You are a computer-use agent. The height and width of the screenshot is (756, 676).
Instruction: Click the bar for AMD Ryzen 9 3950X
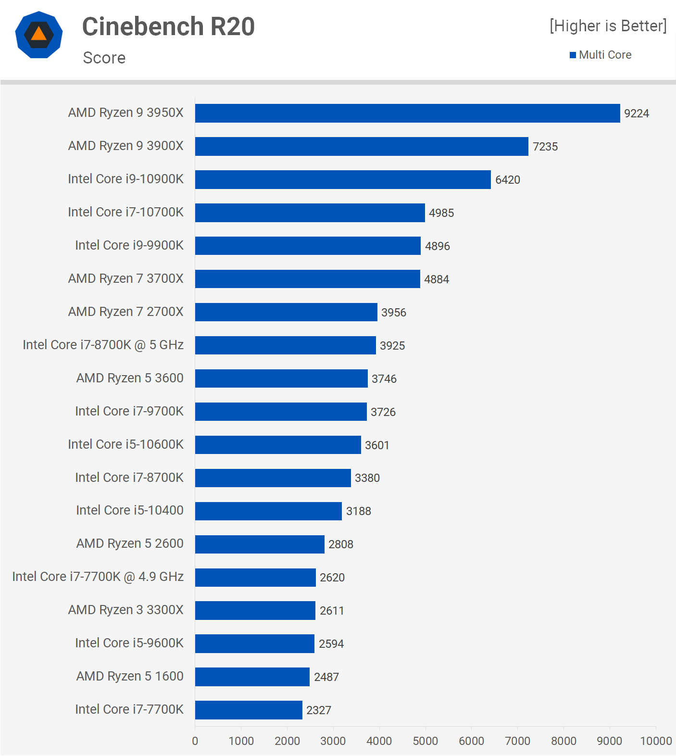407,113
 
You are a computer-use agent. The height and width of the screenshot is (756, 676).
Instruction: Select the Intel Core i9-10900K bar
343,180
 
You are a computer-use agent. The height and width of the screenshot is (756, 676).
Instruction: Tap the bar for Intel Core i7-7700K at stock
249,710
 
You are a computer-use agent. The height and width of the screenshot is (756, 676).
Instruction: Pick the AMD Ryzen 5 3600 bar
281,378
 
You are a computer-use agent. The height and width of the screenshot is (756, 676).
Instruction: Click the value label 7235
545,147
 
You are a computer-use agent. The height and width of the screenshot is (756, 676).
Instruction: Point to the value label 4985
441,213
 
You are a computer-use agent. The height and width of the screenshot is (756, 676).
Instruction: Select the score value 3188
359,511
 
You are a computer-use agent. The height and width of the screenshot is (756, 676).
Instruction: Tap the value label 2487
326,677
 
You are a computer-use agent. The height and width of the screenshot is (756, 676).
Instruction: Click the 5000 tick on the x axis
426,741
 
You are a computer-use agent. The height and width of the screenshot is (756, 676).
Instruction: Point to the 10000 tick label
656,741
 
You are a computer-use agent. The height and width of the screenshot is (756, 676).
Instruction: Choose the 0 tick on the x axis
195,741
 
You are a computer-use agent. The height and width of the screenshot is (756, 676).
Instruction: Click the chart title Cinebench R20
168,26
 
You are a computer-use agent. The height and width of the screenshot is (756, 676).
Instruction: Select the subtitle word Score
104,58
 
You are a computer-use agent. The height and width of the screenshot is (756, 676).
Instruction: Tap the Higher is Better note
608,26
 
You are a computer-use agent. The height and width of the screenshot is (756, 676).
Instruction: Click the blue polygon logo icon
39,35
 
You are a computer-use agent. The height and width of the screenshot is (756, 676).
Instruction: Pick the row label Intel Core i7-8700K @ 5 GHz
103,345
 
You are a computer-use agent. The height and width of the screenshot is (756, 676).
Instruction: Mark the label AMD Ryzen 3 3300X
125,610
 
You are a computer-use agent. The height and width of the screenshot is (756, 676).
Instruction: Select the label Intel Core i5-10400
129,510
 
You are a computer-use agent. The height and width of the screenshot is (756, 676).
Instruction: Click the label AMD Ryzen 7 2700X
125,312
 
